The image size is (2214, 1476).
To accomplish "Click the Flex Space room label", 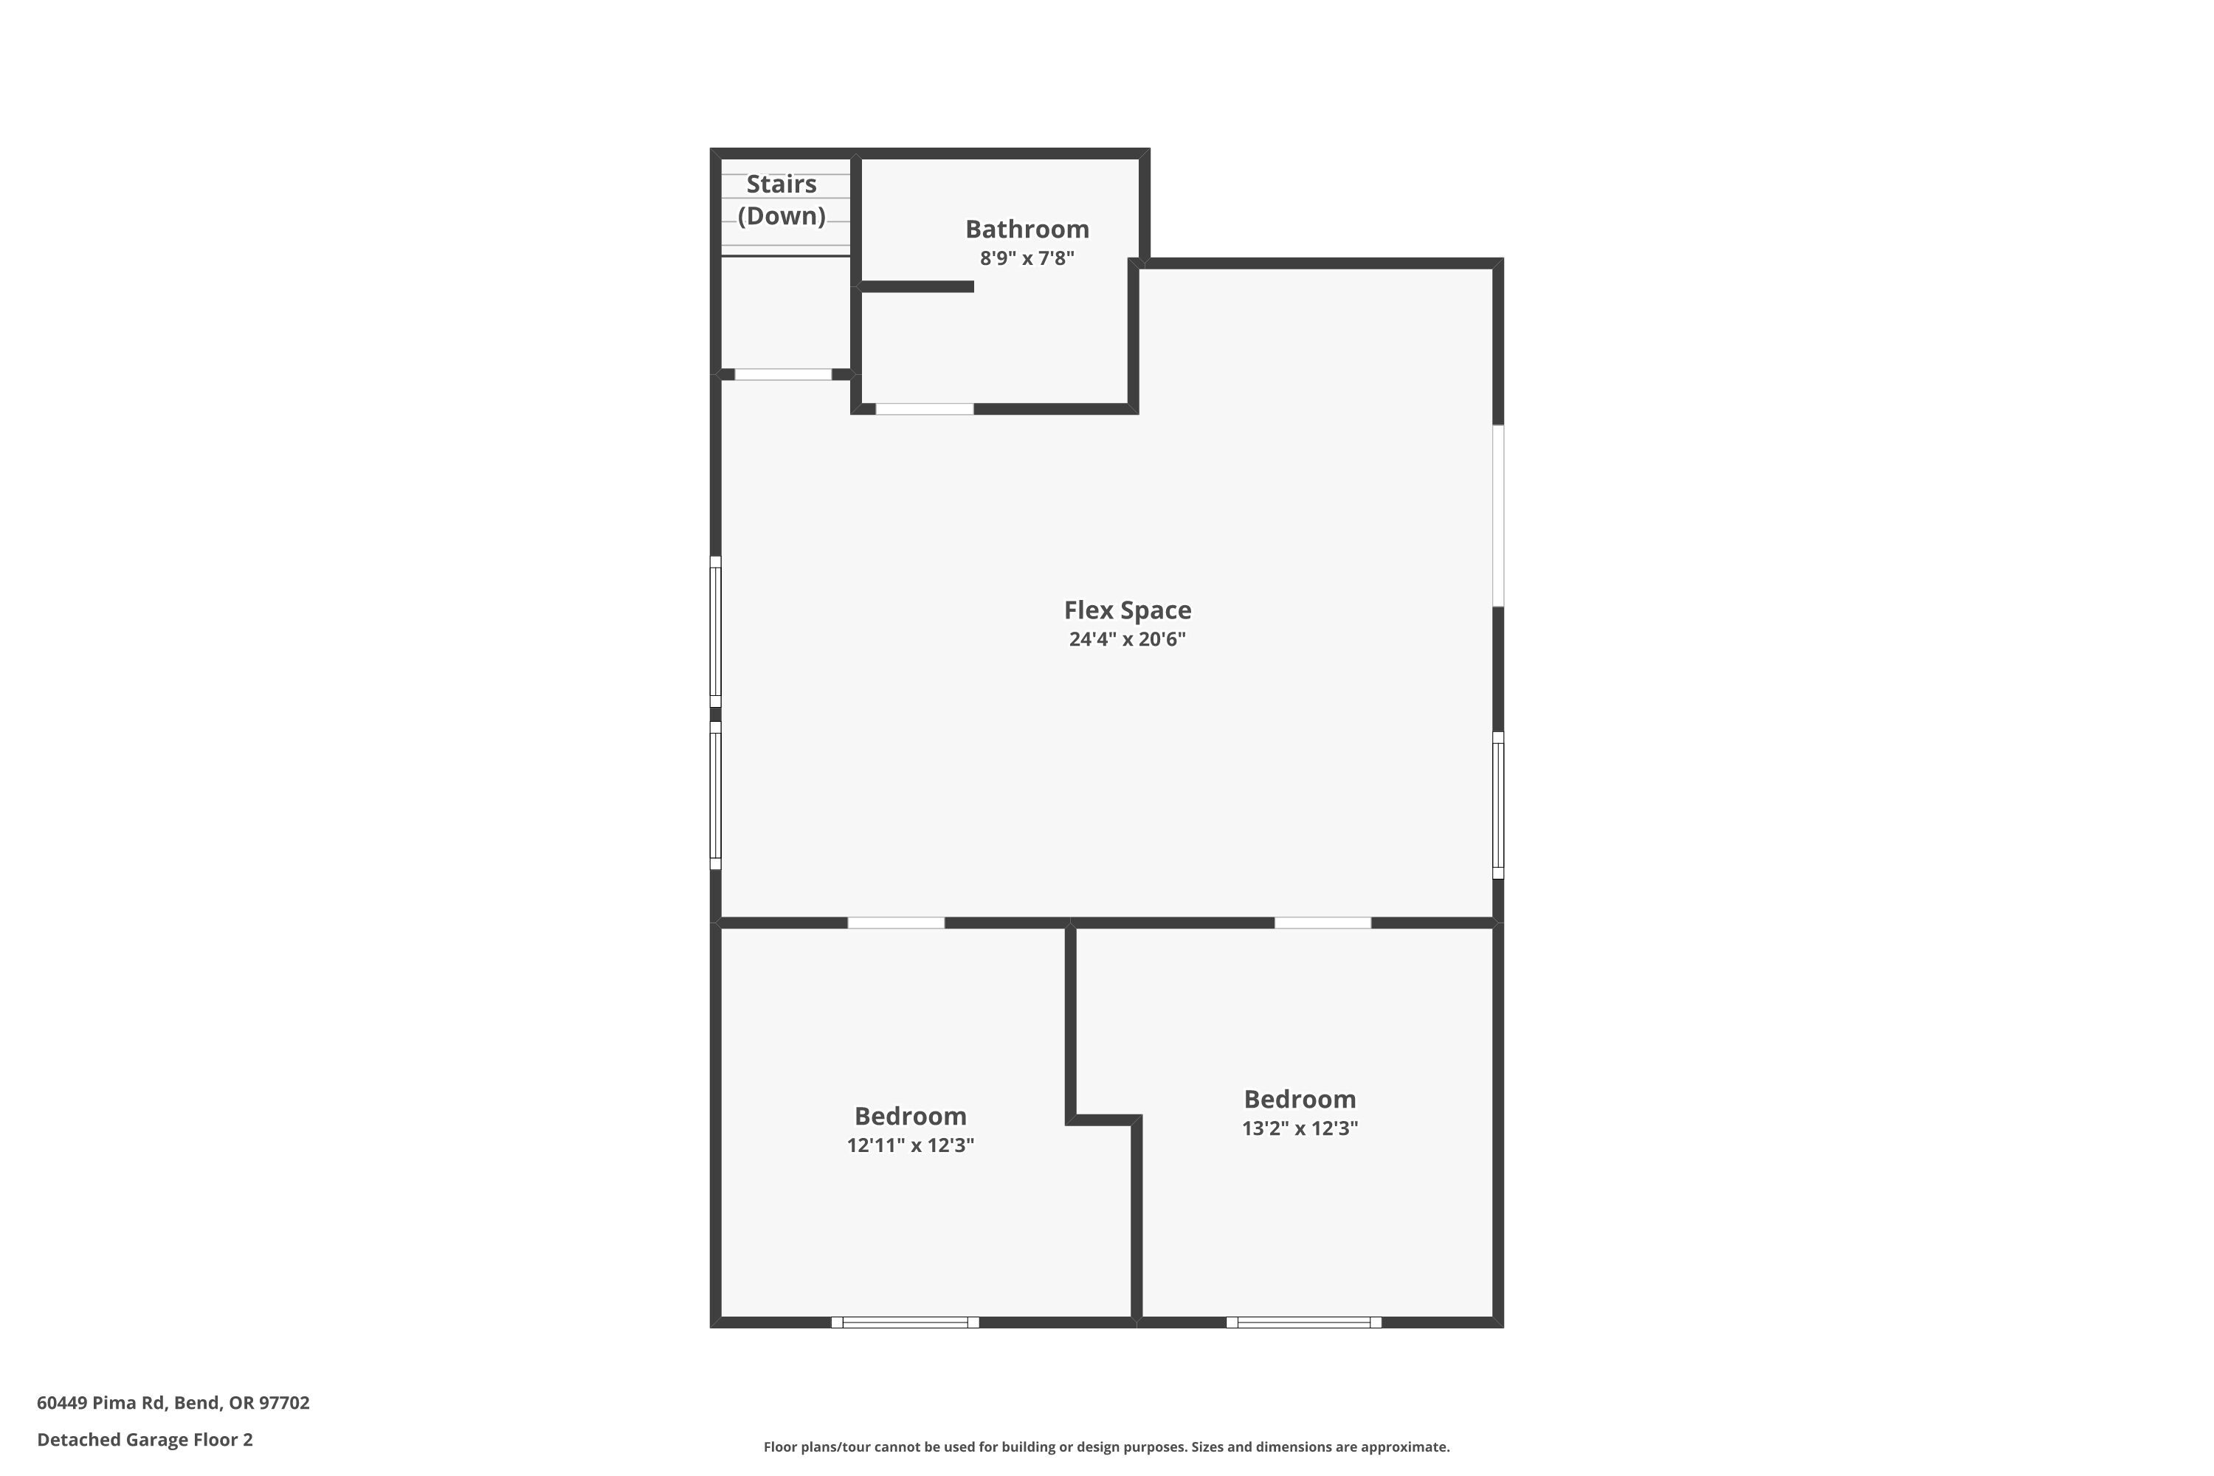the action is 1128,610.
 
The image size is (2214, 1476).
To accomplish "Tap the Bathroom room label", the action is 1027,229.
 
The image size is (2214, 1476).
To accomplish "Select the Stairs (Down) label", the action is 782,199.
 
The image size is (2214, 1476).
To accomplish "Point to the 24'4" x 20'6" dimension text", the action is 1128,639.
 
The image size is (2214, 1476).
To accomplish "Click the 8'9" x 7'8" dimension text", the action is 1027,258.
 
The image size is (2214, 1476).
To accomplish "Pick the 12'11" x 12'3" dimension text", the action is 910,1145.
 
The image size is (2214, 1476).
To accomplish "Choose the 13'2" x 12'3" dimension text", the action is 1300,1128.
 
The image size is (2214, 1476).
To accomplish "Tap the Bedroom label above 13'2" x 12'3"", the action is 1300,1100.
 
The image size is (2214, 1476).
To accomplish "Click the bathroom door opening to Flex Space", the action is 925,409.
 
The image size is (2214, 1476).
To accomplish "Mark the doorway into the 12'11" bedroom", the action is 896,922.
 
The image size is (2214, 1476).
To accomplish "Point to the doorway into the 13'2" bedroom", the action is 1322,922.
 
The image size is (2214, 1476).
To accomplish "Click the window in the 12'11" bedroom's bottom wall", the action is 906,1322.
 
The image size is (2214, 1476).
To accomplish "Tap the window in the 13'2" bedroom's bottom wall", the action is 1304,1322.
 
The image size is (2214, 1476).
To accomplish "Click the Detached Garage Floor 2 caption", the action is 145,1439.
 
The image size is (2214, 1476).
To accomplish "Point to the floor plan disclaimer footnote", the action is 1106,1446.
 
